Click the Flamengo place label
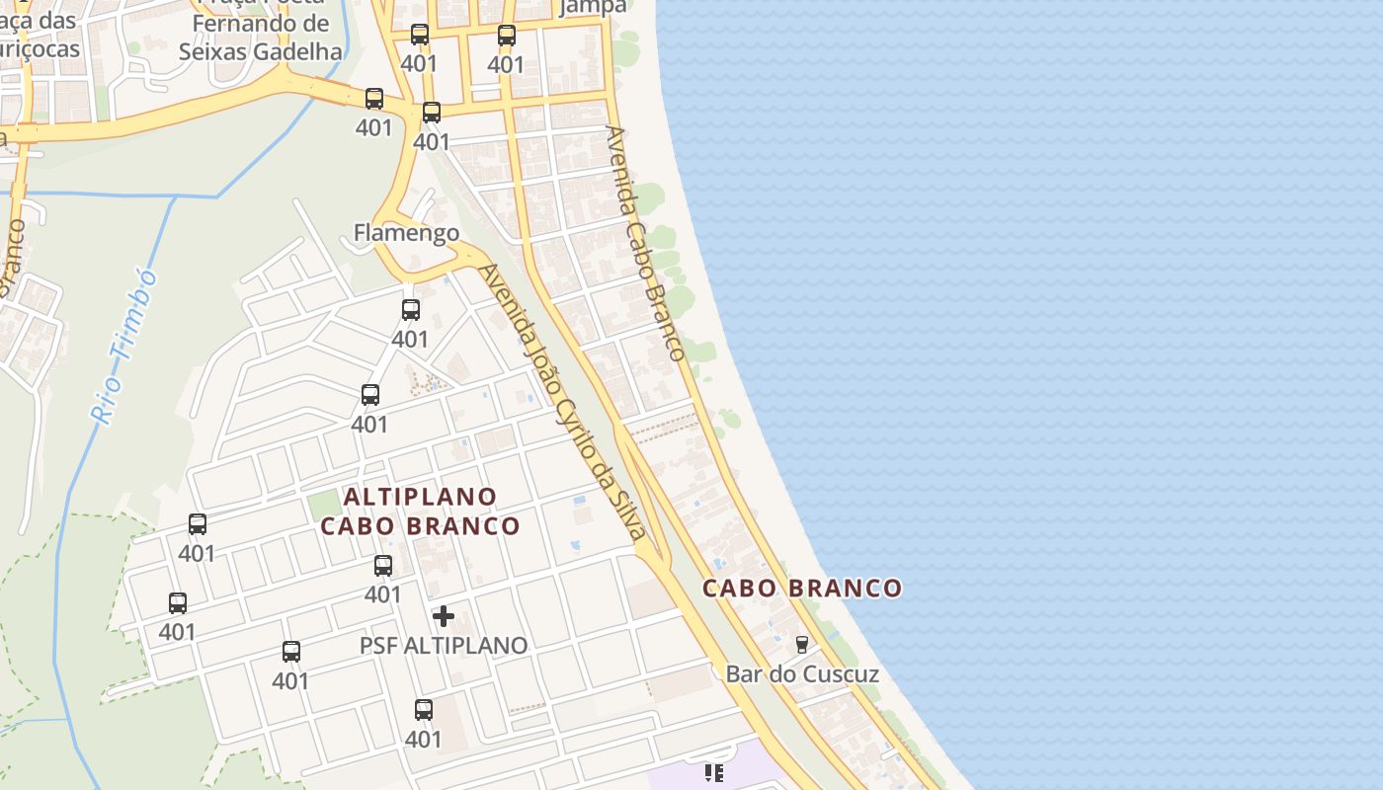406,233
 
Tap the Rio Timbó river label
124,346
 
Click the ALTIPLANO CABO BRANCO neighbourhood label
421,511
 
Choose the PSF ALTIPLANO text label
444,646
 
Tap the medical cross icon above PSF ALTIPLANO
444,616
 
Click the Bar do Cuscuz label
802,674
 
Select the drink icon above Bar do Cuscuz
802,645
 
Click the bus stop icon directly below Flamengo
411,310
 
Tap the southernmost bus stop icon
424,709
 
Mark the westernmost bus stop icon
178,602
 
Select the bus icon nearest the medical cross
383,566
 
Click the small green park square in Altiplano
323,505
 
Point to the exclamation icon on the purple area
713,772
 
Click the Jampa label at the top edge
593,7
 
